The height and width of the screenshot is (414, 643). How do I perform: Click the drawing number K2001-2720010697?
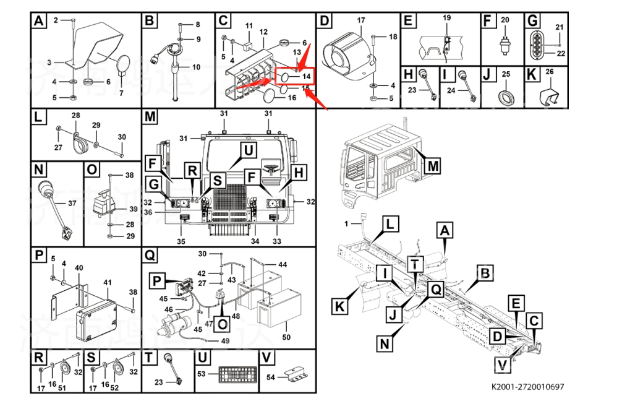click(527, 387)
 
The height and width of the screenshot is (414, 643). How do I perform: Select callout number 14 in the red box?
click(307, 76)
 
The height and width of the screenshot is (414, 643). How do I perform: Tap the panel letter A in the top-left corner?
click(39, 22)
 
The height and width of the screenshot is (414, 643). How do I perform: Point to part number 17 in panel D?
click(361, 20)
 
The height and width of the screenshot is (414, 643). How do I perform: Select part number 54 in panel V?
click(270, 377)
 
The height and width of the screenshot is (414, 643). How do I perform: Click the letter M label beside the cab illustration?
click(433, 166)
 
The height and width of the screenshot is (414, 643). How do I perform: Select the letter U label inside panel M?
click(247, 150)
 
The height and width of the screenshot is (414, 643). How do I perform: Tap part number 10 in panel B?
click(196, 67)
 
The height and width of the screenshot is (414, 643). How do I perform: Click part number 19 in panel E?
click(446, 19)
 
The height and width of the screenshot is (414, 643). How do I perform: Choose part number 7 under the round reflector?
click(121, 93)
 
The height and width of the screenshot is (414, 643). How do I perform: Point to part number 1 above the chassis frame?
click(347, 223)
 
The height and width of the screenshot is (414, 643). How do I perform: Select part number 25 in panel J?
click(505, 74)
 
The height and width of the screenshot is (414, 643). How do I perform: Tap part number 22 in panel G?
click(561, 53)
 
